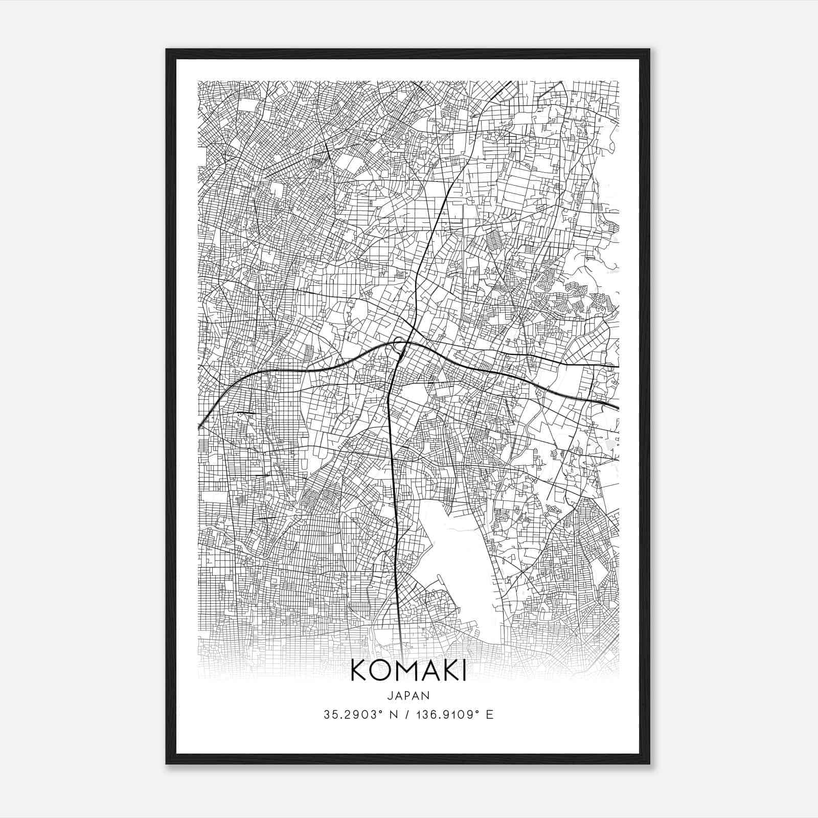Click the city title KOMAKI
click(408, 671)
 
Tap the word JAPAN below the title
click(408, 696)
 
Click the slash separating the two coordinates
click(406, 715)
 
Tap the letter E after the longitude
click(490, 715)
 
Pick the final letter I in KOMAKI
click(463, 671)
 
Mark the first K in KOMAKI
click(358, 671)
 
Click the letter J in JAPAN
click(390, 696)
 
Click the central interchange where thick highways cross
click(403, 348)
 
